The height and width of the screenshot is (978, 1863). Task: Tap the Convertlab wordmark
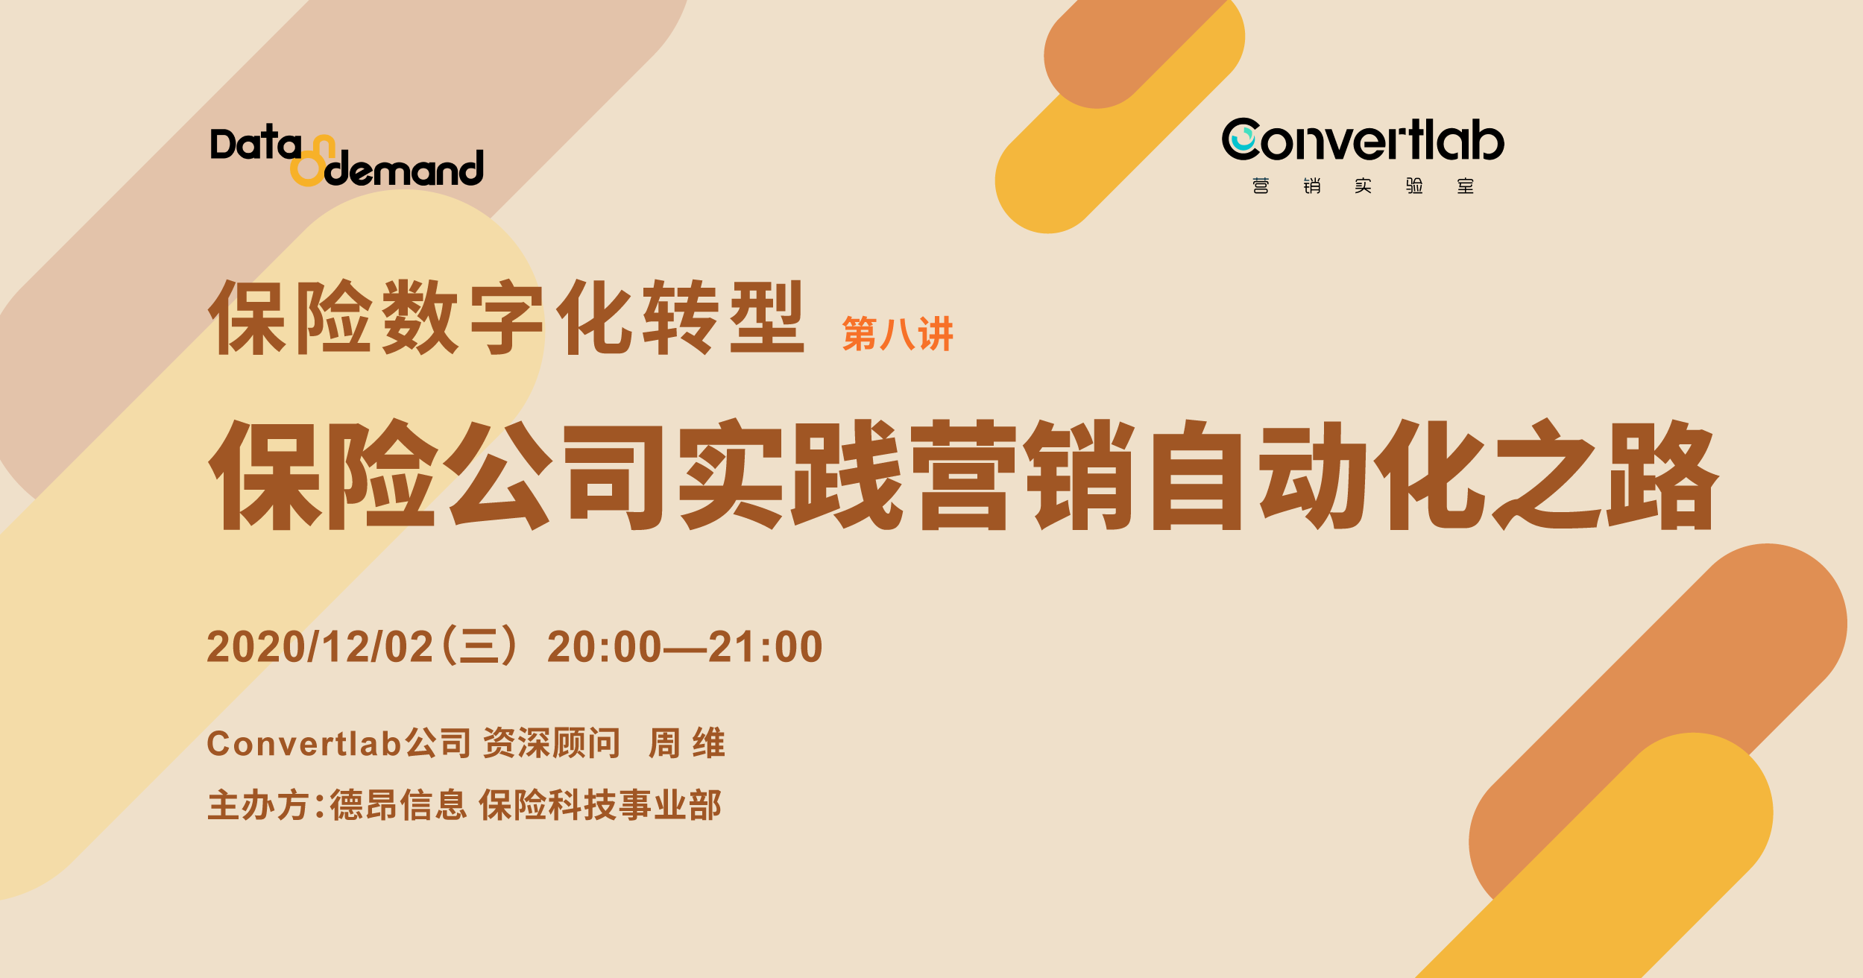coord(1363,139)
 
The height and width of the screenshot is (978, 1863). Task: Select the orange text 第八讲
coord(898,333)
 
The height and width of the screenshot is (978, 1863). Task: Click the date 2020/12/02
coord(320,646)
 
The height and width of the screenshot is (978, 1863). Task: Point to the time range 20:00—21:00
coord(684,646)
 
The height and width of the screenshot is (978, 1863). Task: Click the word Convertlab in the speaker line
coord(304,743)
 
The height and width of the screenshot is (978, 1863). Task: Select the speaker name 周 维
coord(687,743)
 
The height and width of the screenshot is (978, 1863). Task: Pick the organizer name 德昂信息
coord(398,805)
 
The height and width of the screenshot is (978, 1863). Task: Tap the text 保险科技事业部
coord(600,805)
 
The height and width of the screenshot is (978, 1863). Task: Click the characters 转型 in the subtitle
coord(723,318)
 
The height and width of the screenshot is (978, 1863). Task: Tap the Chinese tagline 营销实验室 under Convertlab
coord(1363,186)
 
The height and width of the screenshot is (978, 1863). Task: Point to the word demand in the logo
coord(404,169)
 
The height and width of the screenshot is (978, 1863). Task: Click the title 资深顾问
coord(552,743)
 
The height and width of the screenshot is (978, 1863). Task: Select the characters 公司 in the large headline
coord(555,475)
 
